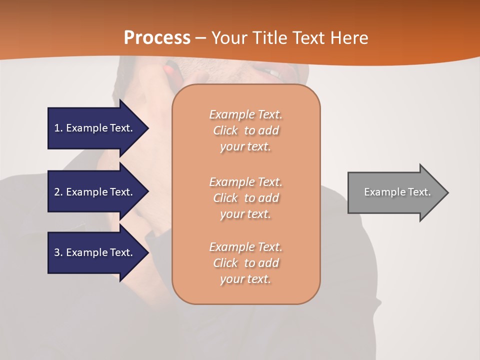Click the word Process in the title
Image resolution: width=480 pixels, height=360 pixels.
(157, 37)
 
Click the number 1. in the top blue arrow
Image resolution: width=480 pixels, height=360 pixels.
(58, 128)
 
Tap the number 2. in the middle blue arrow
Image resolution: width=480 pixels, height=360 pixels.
(58, 192)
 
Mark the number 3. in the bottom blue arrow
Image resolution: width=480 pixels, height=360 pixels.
(58, 252)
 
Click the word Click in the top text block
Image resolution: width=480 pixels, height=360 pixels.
(225, 130)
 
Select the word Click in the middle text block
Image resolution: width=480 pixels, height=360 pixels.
(225, 198)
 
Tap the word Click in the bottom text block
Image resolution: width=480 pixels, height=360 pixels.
(225, 263)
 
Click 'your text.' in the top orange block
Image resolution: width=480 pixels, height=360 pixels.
(245, 146)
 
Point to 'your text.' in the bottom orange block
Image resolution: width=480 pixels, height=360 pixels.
(245, 279)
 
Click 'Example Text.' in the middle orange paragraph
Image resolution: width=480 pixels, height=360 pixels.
(245, 182)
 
